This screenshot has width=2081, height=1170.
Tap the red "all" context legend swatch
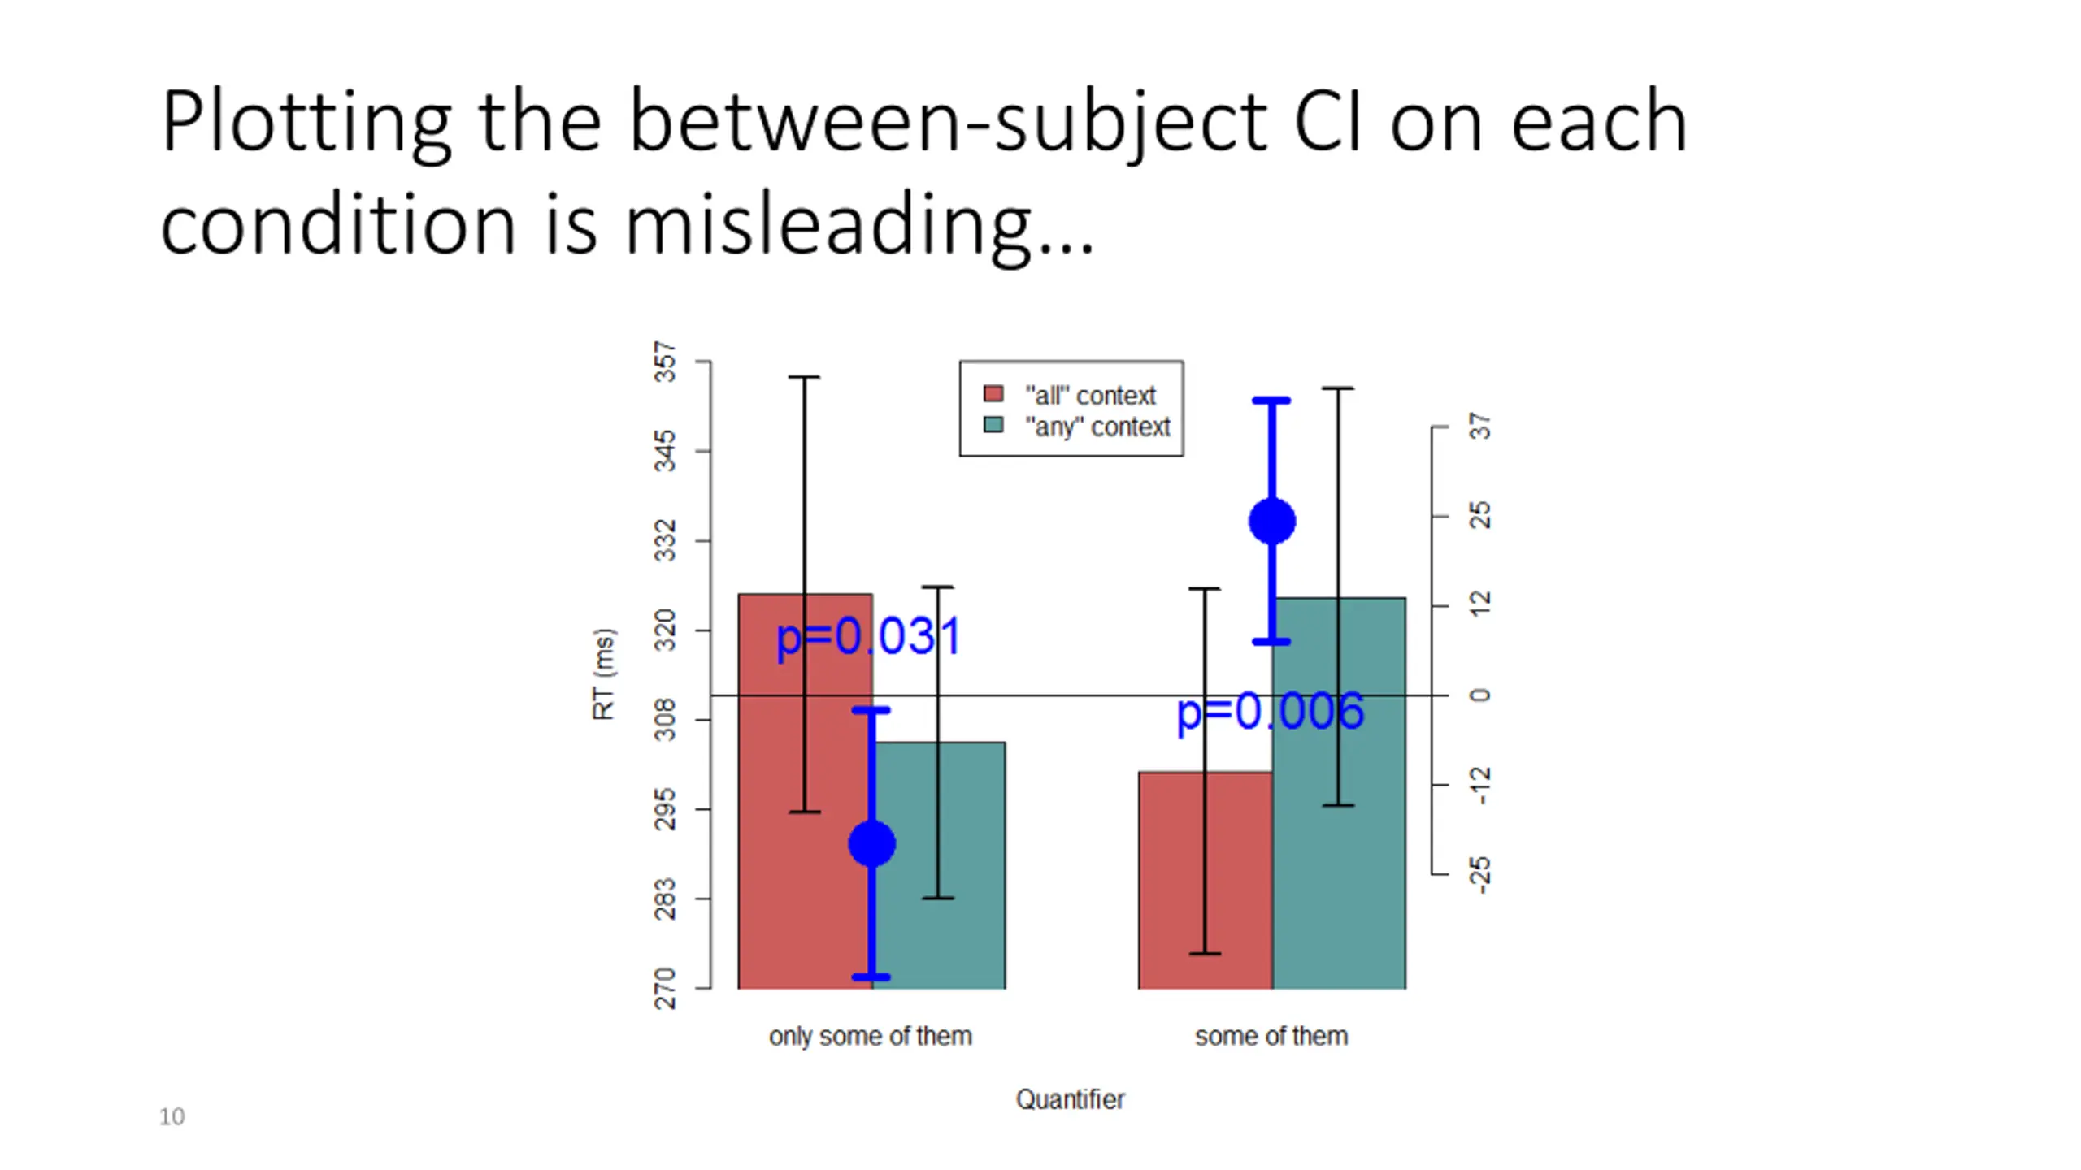click(993, 394)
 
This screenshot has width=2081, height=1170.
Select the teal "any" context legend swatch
click(993, 425)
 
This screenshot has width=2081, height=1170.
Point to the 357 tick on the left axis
click(702, 361)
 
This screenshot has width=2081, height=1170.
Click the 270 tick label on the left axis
click(665, 988)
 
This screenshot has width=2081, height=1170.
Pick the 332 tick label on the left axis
click(665, 540)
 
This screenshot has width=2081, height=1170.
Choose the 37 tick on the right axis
click(1440, 427)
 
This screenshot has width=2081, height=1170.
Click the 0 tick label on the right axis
click(1480, 695)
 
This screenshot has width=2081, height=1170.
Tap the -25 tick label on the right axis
click(1480, 875)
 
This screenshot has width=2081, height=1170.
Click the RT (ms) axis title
click(603, 674)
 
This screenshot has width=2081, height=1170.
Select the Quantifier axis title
click(1070, 1099)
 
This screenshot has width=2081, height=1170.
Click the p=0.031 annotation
click(869, 637)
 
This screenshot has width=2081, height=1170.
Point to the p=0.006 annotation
click(1270, 713)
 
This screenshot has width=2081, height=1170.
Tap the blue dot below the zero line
click(871, 844)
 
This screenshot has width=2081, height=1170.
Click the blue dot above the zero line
click(1272, 521)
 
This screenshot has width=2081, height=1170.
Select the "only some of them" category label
click(870, 1037)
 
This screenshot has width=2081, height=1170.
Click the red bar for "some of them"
click(1205, 881)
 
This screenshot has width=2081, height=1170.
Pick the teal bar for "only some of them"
click(939, 865)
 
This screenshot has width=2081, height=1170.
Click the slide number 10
click(172, 1117)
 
